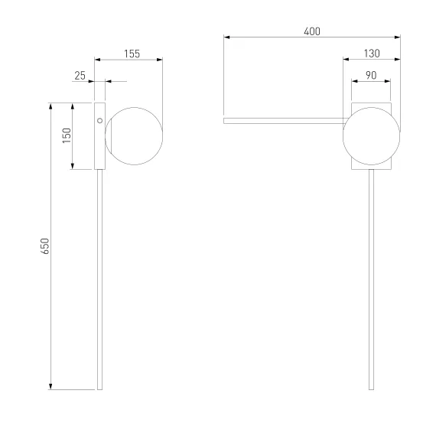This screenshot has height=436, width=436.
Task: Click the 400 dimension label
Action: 312,31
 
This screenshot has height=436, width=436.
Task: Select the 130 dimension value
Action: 372,54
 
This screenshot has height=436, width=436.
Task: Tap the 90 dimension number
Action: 371,76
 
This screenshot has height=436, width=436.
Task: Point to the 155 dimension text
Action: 132,54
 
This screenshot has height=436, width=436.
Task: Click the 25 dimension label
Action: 80,76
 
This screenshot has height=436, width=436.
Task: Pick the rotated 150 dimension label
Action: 67,135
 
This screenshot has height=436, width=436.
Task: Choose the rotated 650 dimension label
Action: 45,246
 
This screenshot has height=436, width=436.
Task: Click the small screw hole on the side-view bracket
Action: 100,121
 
